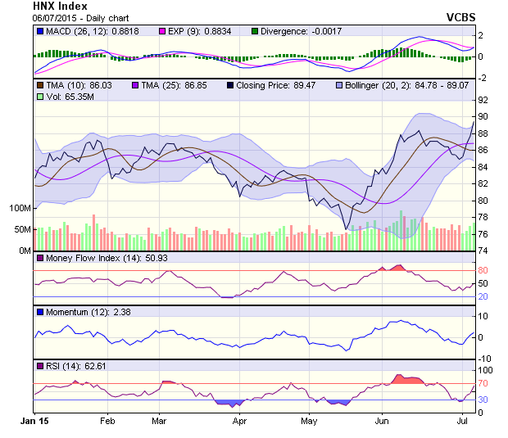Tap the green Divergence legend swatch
255,31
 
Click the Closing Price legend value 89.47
309,85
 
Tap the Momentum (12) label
71,312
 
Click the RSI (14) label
62,365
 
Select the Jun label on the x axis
381,422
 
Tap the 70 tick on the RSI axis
483,383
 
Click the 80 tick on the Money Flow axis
483,270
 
